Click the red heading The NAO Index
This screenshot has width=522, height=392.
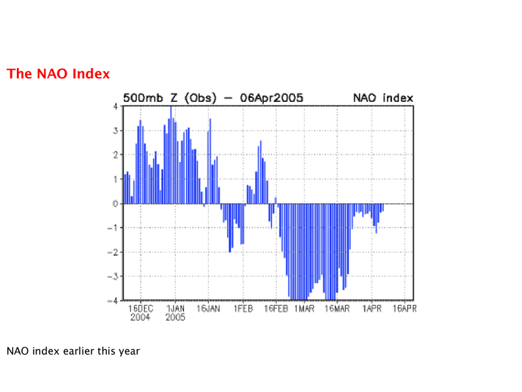tap(58, 74)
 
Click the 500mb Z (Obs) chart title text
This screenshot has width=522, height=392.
tap(170, 98)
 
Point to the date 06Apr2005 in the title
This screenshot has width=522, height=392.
tap(271, 98)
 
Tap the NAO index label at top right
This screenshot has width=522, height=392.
tap(383, 98)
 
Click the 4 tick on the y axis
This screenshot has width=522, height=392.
tap(115, 106)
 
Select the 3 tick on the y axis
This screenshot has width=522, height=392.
tap(115, 131)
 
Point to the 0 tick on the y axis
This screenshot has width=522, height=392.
tap(115, 204)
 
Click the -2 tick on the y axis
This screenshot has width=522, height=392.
tap(113, 252)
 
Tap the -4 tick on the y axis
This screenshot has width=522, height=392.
tap(113, 301)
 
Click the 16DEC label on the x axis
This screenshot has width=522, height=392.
tap(141, 308)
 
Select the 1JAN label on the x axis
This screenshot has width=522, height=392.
tap(176, 308)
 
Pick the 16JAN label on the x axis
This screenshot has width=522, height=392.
tap(208, 308)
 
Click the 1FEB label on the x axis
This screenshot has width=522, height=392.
tap(243, 308)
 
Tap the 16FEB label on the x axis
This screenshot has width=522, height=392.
tap(276, 308)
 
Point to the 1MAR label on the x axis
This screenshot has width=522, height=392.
tap(304, 308)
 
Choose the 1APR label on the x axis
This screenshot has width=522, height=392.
tap(372, 308)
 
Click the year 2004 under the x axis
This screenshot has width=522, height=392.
tap(140, 317)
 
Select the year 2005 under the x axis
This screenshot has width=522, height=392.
tap(176, 317)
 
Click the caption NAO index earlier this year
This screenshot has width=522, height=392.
tap(73, 351)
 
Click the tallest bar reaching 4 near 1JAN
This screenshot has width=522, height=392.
tap(171, 155)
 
